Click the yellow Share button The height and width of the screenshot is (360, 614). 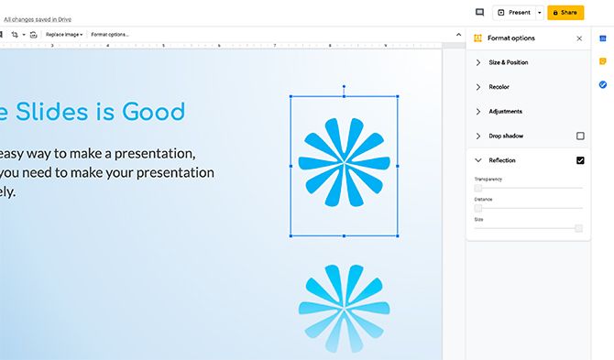click(x=565, y=13)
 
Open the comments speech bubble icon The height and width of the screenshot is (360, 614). click(x=479, y=13)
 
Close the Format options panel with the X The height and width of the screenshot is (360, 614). click(x=579, y=38)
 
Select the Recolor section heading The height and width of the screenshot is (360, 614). click(x=499, y=87)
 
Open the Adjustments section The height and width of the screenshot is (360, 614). click(x=505, y=112)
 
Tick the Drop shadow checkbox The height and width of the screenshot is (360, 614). click(x=580, y=136)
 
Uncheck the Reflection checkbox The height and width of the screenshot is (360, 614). click(x=580, y=160)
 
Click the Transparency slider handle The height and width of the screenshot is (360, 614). click(x=478, y=188)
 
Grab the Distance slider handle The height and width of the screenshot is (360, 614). click(x=478, y=208)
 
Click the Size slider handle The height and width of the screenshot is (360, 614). click(x=578, y=228)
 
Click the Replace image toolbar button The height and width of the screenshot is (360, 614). click(x=63, y=34)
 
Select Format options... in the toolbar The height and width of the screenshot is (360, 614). click(x=110, y=34)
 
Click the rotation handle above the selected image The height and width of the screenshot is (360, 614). click(x=344, y=87)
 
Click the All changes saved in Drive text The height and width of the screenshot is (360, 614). click(x=38, y=18)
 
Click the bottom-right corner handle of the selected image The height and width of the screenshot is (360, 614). click(x=398, y=235)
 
